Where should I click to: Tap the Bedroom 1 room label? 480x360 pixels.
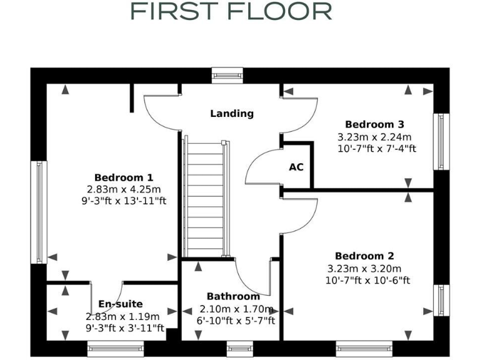(x=124, y=177)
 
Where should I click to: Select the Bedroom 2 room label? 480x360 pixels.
(x=364, y=256)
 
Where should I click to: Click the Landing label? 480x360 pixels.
(x=232, y=113)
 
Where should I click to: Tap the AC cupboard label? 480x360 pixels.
(x=296, y=167)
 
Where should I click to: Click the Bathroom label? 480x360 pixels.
(x=233, y=296)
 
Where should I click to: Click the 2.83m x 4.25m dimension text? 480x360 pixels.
(x=124, y=189)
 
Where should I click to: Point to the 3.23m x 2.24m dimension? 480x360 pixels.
(x=374, y=136)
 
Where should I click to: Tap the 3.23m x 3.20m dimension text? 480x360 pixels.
(x=364, y=269)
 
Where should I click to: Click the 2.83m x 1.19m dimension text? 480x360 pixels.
(x=122, y=316)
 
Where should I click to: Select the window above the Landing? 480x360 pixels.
(x=227, y=75)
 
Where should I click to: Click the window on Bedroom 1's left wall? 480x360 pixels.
(x=39, y=211)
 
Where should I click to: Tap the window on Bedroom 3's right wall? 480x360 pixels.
(x=441, y=141)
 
